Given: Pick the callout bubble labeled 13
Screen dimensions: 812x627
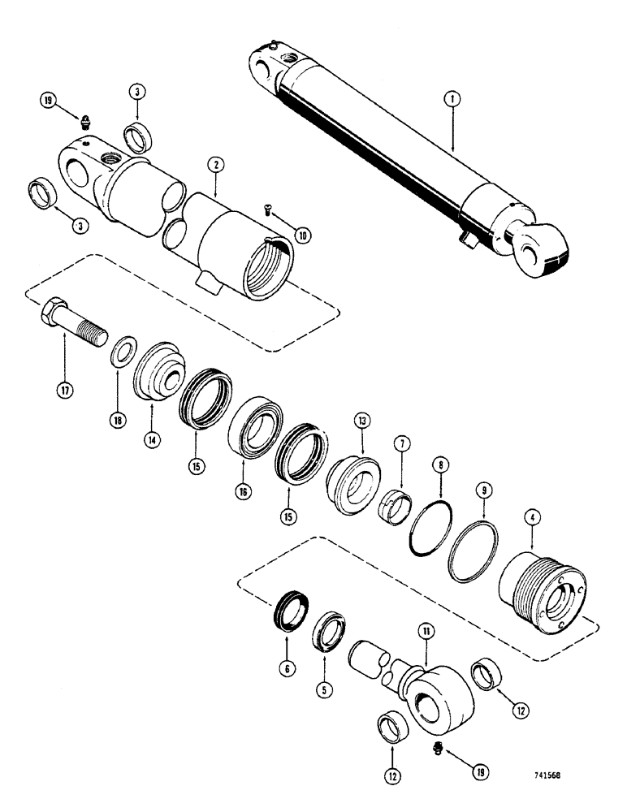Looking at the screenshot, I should point(361,421).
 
